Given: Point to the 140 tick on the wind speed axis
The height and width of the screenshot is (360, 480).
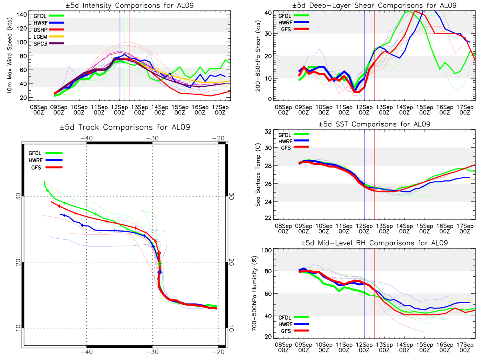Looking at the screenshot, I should pos(22,14).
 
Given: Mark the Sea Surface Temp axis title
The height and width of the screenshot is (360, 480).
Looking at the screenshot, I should pos(258,175).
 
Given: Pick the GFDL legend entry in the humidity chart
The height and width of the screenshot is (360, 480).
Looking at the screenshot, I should pos(287,316).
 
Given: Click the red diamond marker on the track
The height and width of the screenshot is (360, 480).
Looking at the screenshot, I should pos(159,253).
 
